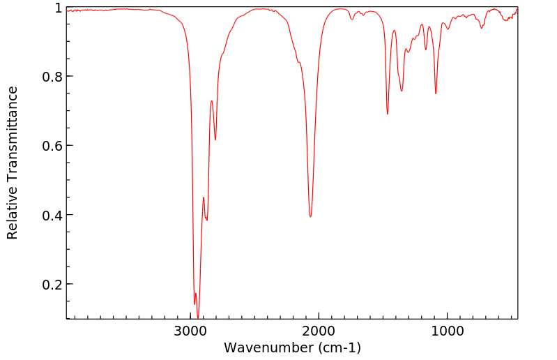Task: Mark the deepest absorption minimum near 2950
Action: (x=198, y=317)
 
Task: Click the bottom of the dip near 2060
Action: (x=311, y=216)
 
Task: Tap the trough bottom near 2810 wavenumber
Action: (x=215, y=140)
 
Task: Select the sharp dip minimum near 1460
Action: (x=388, y=114)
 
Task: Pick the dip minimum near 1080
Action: (x=436, y=93)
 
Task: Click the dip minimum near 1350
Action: (x=402, y=91)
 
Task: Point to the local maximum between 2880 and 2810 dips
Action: (x=211, y=101)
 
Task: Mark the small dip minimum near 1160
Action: (x=426, y=50)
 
